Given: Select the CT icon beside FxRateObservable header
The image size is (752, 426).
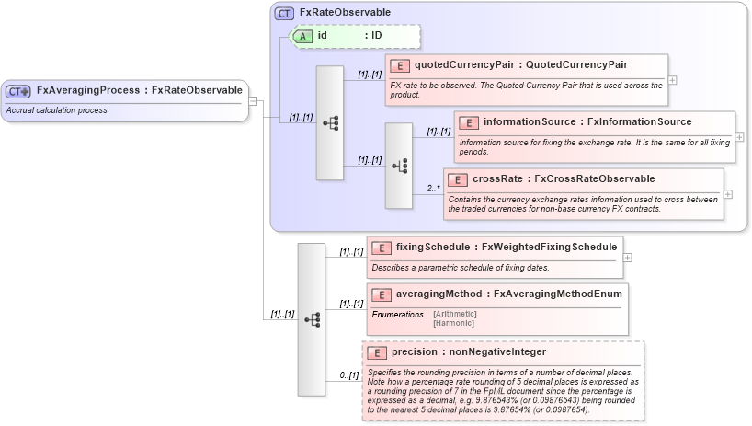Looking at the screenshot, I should coord(285,13).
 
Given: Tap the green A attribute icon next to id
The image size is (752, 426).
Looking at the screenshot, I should coord(303,36).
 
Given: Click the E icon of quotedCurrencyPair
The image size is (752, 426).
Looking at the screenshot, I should coord(400,65).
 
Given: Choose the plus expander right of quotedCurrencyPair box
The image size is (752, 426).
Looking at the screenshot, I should coord(673,80).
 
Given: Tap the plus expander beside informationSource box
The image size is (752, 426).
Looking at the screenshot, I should coord(740,137).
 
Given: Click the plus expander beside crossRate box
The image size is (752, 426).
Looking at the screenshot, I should coord(728,194).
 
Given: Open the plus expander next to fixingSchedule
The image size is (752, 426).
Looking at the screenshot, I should coord(628,258).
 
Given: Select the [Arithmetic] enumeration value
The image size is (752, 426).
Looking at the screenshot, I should coord(454,314).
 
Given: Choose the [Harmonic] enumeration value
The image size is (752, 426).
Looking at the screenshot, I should coord(453,323).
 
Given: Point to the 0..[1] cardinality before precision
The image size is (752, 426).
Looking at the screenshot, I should coord(348,375).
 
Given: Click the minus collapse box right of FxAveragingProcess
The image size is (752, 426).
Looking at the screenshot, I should coord(253,102).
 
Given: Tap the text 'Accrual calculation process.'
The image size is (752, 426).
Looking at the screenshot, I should coord(58,110).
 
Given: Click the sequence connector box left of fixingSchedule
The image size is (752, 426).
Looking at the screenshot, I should coord(312,319).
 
